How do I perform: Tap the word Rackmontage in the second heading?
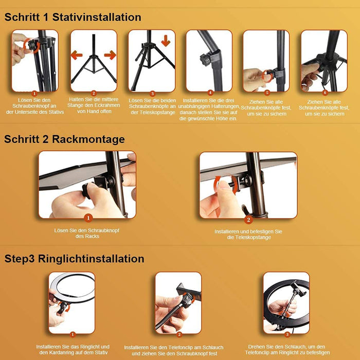click(90, 139)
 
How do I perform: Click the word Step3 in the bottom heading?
click(21, 259)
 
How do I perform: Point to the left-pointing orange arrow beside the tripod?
click(77, 55)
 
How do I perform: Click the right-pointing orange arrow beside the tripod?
click(110, 55)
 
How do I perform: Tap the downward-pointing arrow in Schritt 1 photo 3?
click(166, 40)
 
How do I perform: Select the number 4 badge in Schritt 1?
click(210, 93)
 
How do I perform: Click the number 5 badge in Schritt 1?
click(267, 93)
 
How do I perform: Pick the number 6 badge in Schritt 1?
click(325, 93)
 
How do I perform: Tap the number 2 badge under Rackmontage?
click(248, 220)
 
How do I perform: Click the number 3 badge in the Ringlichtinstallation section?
click(287, 334)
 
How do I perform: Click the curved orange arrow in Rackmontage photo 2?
click(219, 184)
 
